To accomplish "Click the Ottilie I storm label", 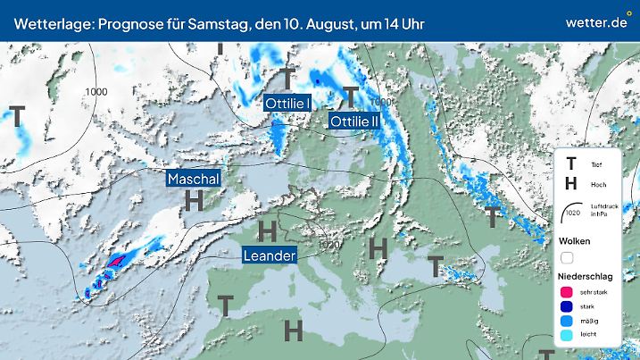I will (287, 104).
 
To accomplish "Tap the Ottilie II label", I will (355, 121).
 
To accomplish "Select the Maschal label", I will (193, 179).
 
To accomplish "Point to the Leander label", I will (269, 256).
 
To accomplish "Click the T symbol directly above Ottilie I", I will (287, 78).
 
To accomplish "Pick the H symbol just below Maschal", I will (193, 201).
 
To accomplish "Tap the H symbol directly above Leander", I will (266, 231).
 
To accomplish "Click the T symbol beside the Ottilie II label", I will (351, 96).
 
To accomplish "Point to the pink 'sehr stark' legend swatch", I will (566, 291).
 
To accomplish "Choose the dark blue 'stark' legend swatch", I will (566, 306).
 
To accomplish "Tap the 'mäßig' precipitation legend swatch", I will (566, 321).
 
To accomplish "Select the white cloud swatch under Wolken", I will (566, 257).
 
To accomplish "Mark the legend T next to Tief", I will (570, 164).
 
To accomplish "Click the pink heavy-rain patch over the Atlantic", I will (117, 260).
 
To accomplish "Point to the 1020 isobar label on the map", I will (329, 243).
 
